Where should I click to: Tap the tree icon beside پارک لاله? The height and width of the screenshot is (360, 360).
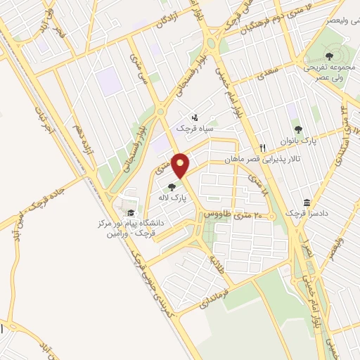point(172,187)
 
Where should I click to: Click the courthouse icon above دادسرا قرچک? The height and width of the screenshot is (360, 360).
point(307,202)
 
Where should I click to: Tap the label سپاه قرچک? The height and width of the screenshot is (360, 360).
point(199,129)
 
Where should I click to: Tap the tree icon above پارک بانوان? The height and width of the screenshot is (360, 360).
point(298,129)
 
